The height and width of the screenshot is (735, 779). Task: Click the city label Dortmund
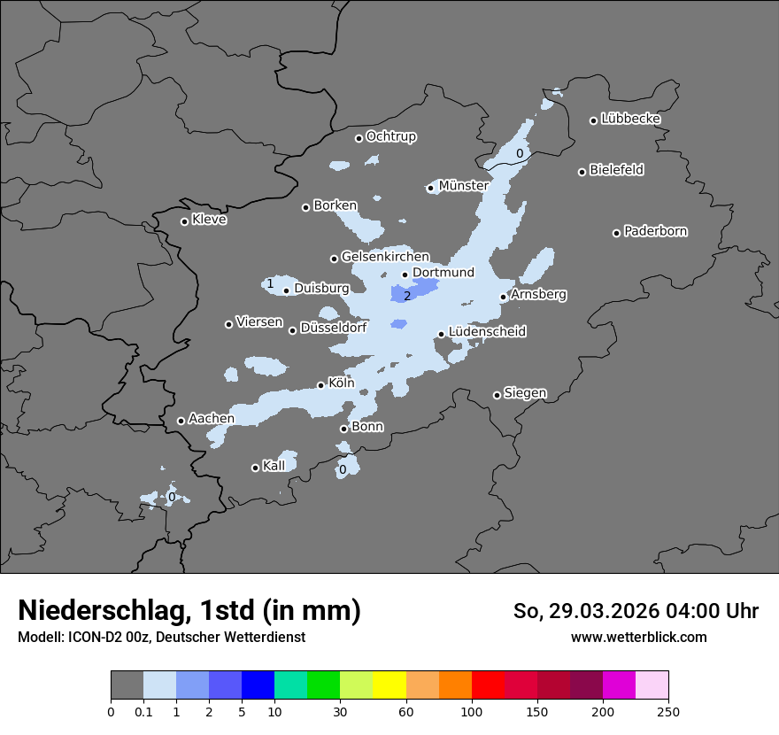coord(443,273)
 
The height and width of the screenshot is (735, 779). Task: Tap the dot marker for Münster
coord(430,188)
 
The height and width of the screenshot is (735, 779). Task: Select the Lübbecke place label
coord(630,119)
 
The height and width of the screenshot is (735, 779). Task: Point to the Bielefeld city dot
coord(582,172)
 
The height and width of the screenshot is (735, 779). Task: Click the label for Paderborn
coord(655,231)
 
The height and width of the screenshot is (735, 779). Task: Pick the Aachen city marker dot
coord(181,421)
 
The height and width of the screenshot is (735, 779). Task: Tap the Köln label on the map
coord(341,383)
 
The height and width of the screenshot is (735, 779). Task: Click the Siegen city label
coord(525,393)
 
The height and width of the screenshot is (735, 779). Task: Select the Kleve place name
coord(209,220)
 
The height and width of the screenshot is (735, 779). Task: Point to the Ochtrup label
coord(390,136)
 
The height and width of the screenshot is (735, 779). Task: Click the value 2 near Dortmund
coord(407,296)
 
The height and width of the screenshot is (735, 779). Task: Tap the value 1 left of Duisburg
coord(270,284)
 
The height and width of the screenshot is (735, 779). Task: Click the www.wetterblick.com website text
coord(638,637)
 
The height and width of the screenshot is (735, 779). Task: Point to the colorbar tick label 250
coord(667,711)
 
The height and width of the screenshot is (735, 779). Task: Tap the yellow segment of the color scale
coord(389,685)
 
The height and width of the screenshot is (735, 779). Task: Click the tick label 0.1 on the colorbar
coord(143,711)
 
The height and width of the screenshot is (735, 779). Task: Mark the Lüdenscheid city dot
coord(441,334)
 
